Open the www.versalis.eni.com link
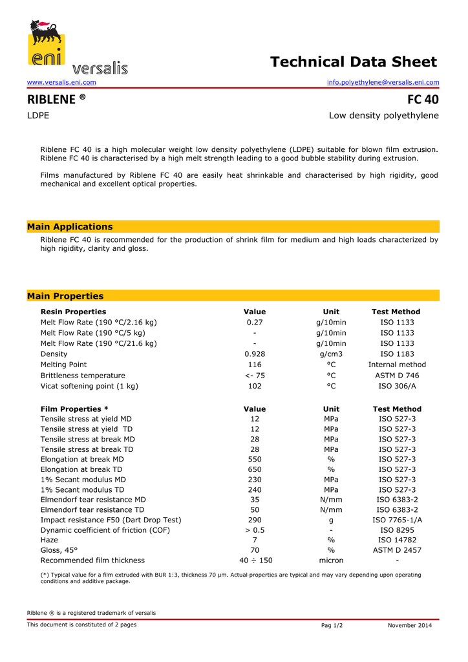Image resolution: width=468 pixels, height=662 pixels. [x=61, y=83]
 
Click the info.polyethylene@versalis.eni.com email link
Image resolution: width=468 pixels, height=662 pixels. [x=383, y=83]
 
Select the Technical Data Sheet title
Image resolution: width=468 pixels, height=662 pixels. [x=354, y=62]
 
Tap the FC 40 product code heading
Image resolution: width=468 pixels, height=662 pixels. [x=423, y=100]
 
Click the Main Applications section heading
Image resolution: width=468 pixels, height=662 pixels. [x=70, y=227]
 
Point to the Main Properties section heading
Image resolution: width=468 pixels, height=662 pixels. [x=65, y=297]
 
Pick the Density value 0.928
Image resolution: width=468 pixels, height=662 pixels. [x=255, y=354]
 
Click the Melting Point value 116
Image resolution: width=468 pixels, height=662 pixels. [x=255, y=365]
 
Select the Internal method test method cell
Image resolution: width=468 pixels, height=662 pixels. [x=397, y=365]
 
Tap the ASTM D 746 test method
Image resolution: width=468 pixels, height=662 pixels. [x=397, y=376]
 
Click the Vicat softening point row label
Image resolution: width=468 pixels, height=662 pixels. [x=89, y=386]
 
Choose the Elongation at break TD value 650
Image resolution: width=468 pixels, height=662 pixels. [x=255, y=469]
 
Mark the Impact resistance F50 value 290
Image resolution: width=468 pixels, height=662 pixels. [x=255, y=520]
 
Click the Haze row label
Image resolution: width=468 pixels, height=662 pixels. [x=49, y=540]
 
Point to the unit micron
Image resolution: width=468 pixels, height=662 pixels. [x=332, y=561]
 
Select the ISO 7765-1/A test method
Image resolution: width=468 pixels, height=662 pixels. [x=397, y=520]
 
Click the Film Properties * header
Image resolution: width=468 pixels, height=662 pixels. [x=74, y=409]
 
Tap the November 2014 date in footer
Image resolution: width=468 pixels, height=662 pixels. [x=410, y=626]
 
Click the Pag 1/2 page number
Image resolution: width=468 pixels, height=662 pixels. [x=332, y=626]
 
